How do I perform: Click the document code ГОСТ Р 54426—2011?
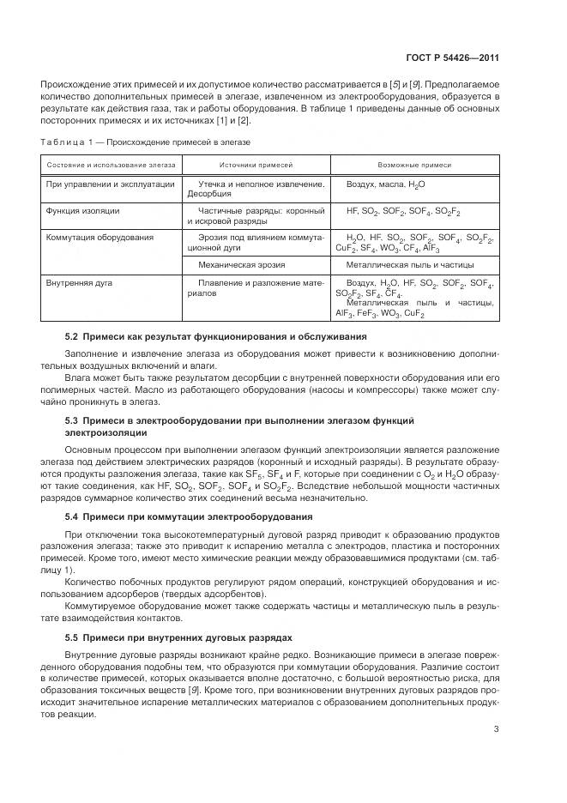453,58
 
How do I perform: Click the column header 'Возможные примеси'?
414,164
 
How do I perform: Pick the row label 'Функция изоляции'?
83,210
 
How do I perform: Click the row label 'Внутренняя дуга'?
80,282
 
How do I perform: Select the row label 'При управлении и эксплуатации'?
111,184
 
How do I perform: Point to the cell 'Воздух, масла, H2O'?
385,184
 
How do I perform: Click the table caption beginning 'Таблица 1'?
146,141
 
